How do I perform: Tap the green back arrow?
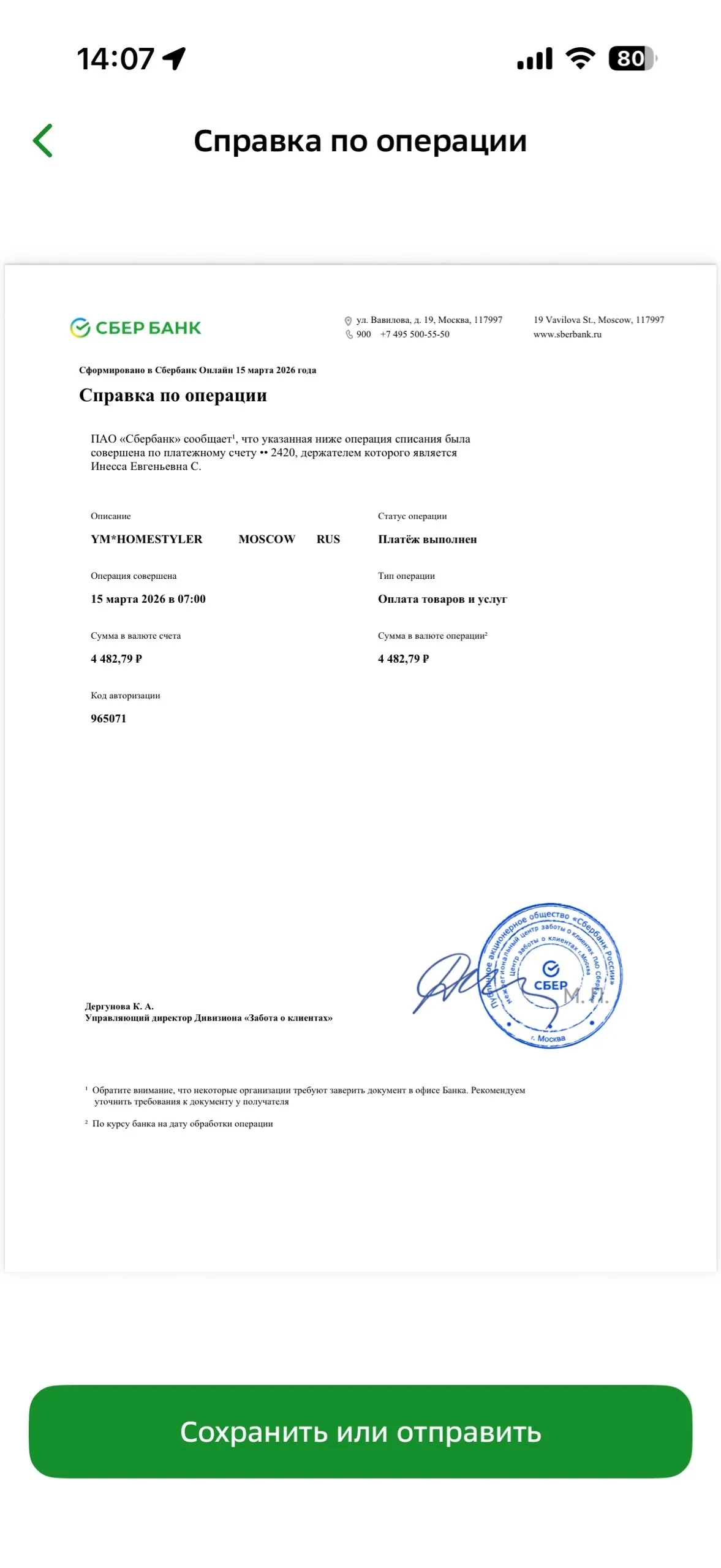(43, 141)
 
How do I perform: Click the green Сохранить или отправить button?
(360, 1432)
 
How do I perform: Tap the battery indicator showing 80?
(631, 59)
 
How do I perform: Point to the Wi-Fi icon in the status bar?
(579, 58)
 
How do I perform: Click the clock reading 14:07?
(115, 59)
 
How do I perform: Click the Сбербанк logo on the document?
(135, 328)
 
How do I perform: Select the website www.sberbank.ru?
(567, 334)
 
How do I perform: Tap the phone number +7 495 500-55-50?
(415, 334)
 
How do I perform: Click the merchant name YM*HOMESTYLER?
(146, 539)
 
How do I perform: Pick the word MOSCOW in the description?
(266, 539)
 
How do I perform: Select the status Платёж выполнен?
(427, 539)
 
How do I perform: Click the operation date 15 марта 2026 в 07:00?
(148, 599)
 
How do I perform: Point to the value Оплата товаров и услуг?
(442, 599)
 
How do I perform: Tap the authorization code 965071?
(108, 718)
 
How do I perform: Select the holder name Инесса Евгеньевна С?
(146, 466)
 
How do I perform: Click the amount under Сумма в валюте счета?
(116, 659)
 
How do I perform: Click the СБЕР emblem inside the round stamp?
(551, 977)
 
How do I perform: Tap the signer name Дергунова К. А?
(119, 1006)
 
